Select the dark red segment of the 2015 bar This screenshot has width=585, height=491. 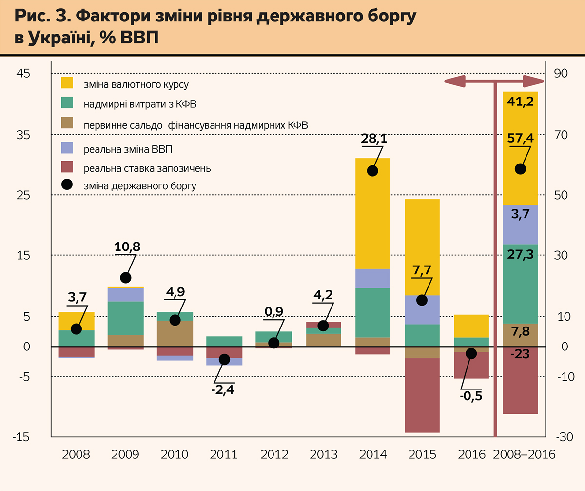point(422,395)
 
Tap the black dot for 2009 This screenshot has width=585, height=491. point(126,278)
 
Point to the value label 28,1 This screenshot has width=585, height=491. point(374,139)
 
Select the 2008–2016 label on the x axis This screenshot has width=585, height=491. point(525,455)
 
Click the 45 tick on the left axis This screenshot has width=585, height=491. point(24,74)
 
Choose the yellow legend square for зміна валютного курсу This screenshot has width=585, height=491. point(66,83)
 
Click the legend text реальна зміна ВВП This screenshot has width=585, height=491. point(128,149)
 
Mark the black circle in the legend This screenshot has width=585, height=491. point(66,185)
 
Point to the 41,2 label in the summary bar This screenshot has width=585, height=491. point(520,102)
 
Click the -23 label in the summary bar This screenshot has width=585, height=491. point(520,355)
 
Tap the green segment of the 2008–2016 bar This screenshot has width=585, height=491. point(520,284)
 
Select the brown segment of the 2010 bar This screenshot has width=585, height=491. point(175,338)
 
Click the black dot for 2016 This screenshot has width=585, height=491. point(471,353)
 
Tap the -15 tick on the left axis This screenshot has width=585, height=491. point(22,437)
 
